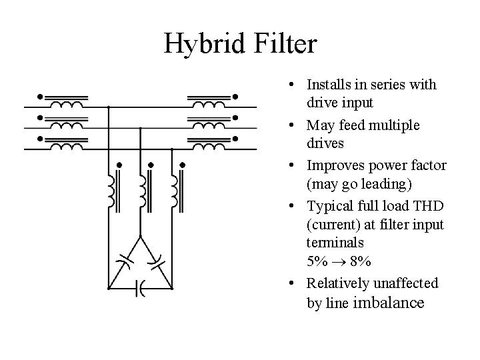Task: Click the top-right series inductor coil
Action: (x=210, y=105)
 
